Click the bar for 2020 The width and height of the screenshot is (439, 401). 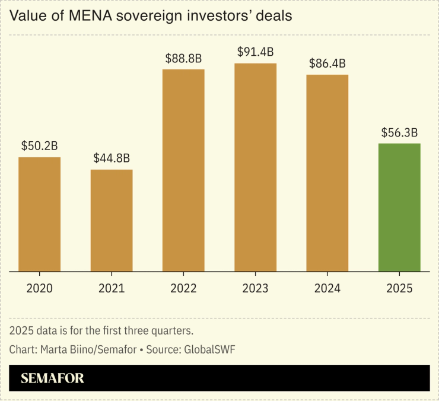39,214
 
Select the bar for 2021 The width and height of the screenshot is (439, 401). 112,220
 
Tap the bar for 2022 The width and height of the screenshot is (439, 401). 183,170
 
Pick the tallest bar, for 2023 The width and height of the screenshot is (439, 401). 255,167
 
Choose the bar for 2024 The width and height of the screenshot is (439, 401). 327,173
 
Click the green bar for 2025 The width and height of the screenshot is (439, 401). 399,207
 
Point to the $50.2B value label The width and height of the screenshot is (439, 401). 39,146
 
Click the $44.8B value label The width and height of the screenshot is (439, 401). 112,158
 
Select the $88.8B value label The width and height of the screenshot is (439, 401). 183,58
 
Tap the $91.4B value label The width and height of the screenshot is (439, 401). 255,52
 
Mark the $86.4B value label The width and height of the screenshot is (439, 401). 327,63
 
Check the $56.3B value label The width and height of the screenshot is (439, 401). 399,132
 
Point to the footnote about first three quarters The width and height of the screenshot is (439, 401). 110,330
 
